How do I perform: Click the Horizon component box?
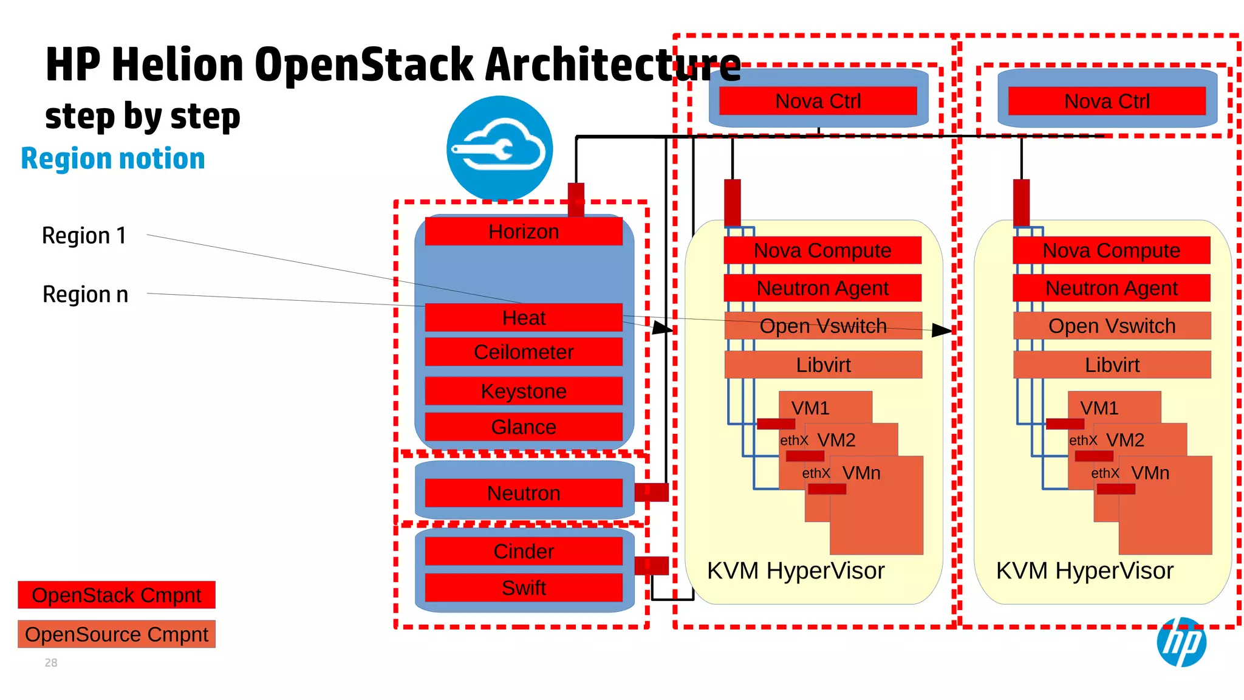point(524,232)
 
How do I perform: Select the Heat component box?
point(524,318)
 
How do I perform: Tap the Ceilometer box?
point(524,352)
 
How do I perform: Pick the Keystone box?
point(524,391)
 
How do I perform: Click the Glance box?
point(524,427)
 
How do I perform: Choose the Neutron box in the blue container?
point(524,493)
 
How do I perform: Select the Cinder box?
point(524,551)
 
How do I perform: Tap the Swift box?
point(524,588)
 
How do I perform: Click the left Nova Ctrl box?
point(818,101)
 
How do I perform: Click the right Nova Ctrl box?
point(1107,101)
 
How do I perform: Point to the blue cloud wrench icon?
point(499,148)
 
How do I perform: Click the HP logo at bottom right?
point(1181,642)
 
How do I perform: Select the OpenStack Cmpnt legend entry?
point(117,595)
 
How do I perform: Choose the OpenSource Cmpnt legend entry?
point(117,634)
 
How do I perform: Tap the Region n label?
point(85,294)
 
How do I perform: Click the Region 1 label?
point(84,236)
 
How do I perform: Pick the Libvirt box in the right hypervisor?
point(1112,365)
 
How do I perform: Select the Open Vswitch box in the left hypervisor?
point(823,326)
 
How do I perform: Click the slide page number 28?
point(51,663)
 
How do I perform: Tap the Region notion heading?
point(113,159)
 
